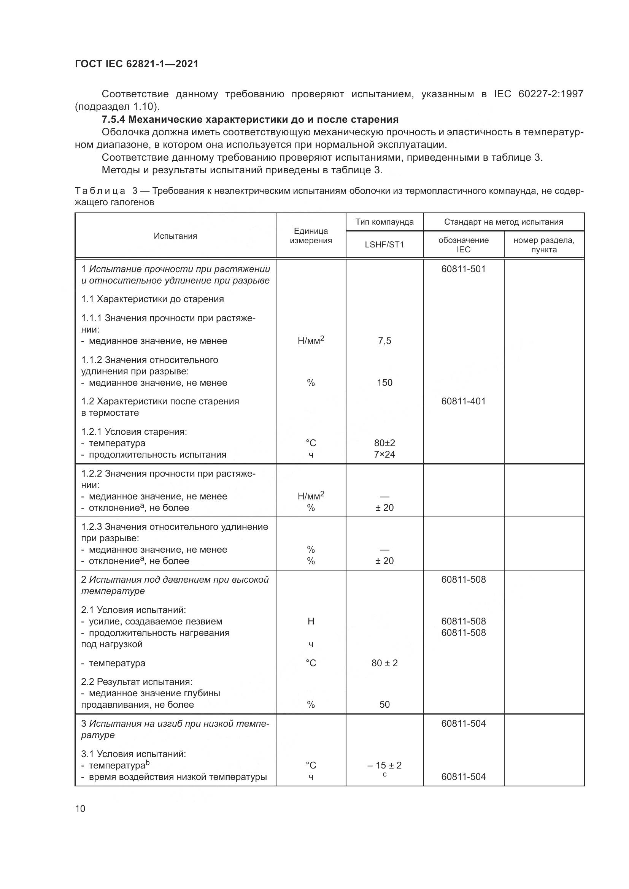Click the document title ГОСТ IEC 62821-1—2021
(137, 64)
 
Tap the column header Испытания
(175, 236)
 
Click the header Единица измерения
(311, 236)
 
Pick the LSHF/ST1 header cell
(384, 245)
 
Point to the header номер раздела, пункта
(544, 245)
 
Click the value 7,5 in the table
(384, 341)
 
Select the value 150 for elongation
(384, 383)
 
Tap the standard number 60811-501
(463, 269)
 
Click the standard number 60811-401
(463, 401)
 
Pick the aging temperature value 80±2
(384, 443)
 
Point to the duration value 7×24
(384, 454)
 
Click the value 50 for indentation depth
(384, 704)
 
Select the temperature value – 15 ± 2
(384, 765)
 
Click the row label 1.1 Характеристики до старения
(152, 299)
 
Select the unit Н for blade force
(311, 621)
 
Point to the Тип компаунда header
(384, 222)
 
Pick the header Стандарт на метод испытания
(504, 222)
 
